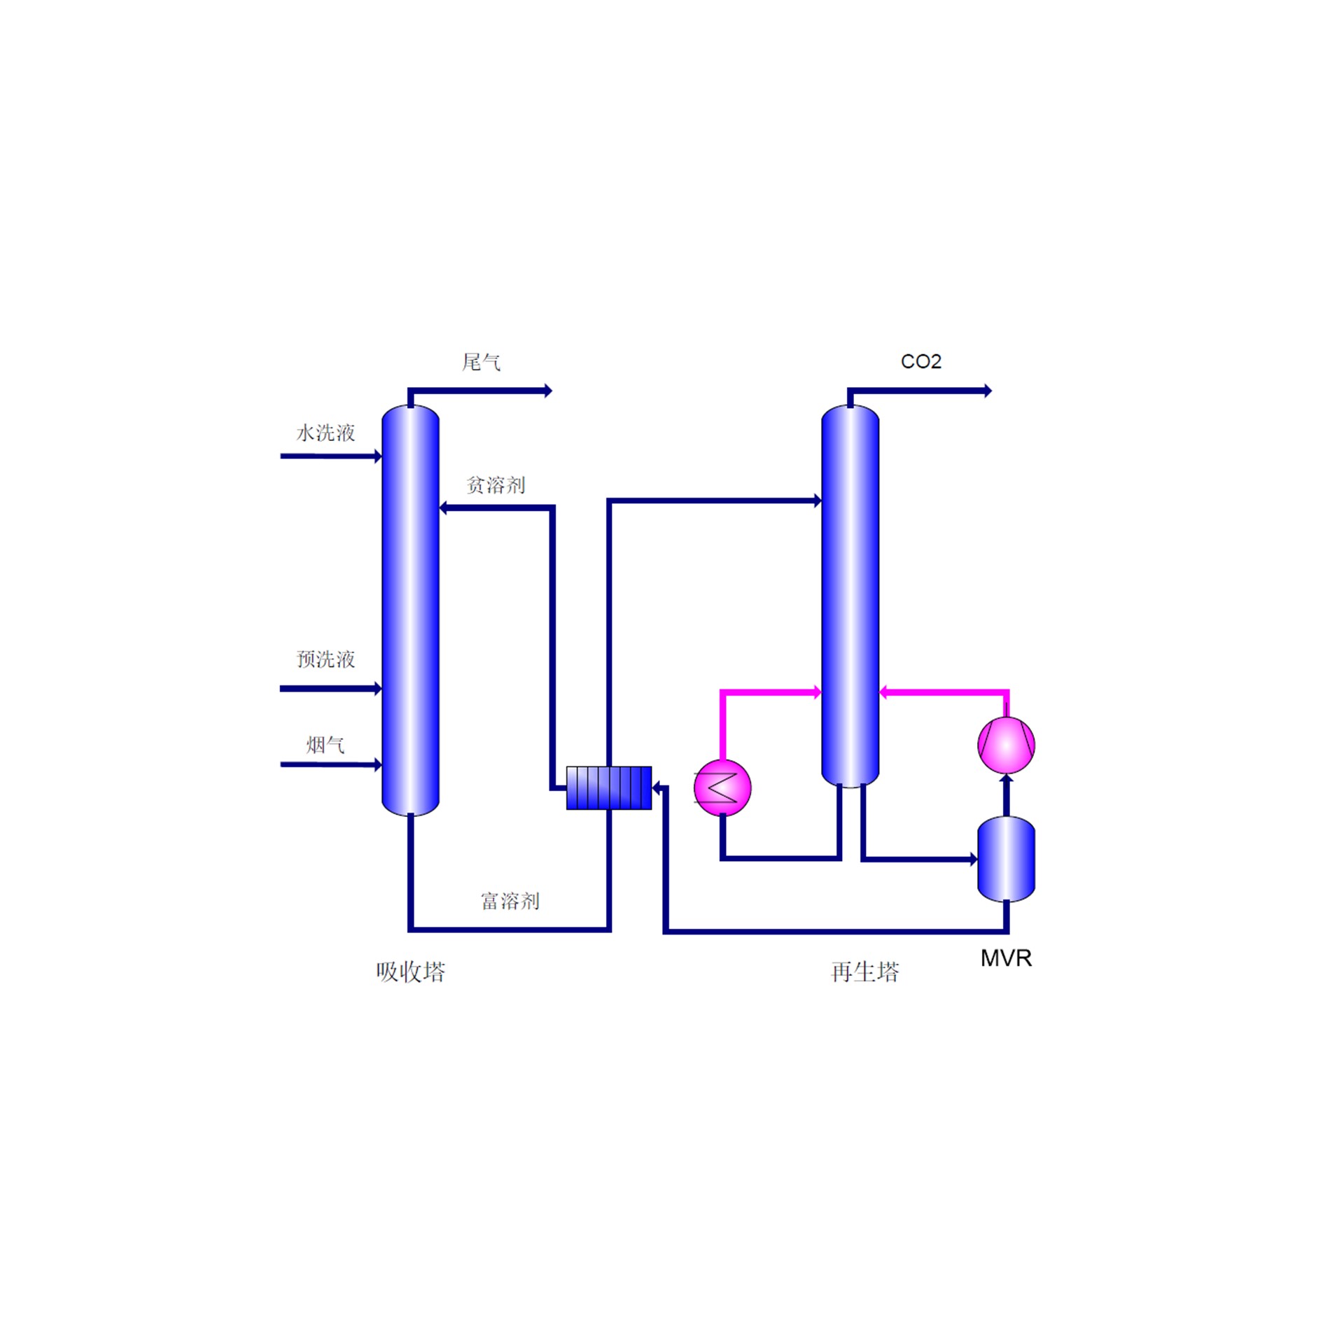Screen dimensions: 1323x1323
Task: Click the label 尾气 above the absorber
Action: (481, 362)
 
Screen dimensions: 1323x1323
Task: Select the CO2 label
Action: (920, 361)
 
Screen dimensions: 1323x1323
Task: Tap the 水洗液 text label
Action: (325, 433)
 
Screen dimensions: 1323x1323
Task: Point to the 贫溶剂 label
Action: (496, 484)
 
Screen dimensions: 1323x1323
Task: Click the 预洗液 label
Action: (325, 659)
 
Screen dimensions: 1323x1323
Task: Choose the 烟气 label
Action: (325, 745)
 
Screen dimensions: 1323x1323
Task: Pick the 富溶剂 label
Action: (510, 900)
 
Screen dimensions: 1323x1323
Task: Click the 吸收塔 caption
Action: (410, 972)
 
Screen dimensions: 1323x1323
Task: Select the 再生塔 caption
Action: (864, 972)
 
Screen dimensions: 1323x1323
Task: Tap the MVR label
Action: (1006, 958)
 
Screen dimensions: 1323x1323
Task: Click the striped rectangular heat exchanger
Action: (608, 788)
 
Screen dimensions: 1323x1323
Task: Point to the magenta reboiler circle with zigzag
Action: (722, 788)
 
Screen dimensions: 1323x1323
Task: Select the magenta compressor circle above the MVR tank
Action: (1006, 745)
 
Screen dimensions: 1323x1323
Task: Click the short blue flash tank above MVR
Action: (1006, 859)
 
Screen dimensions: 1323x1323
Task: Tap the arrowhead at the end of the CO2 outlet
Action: (988, 391)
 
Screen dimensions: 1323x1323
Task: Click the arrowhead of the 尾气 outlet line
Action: (548, 391)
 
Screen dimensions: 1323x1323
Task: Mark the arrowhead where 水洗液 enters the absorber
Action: (378, 456)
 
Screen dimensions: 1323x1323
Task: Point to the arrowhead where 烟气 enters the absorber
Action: (378, 764)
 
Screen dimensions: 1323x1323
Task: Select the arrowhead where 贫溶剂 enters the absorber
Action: (444, 508)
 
